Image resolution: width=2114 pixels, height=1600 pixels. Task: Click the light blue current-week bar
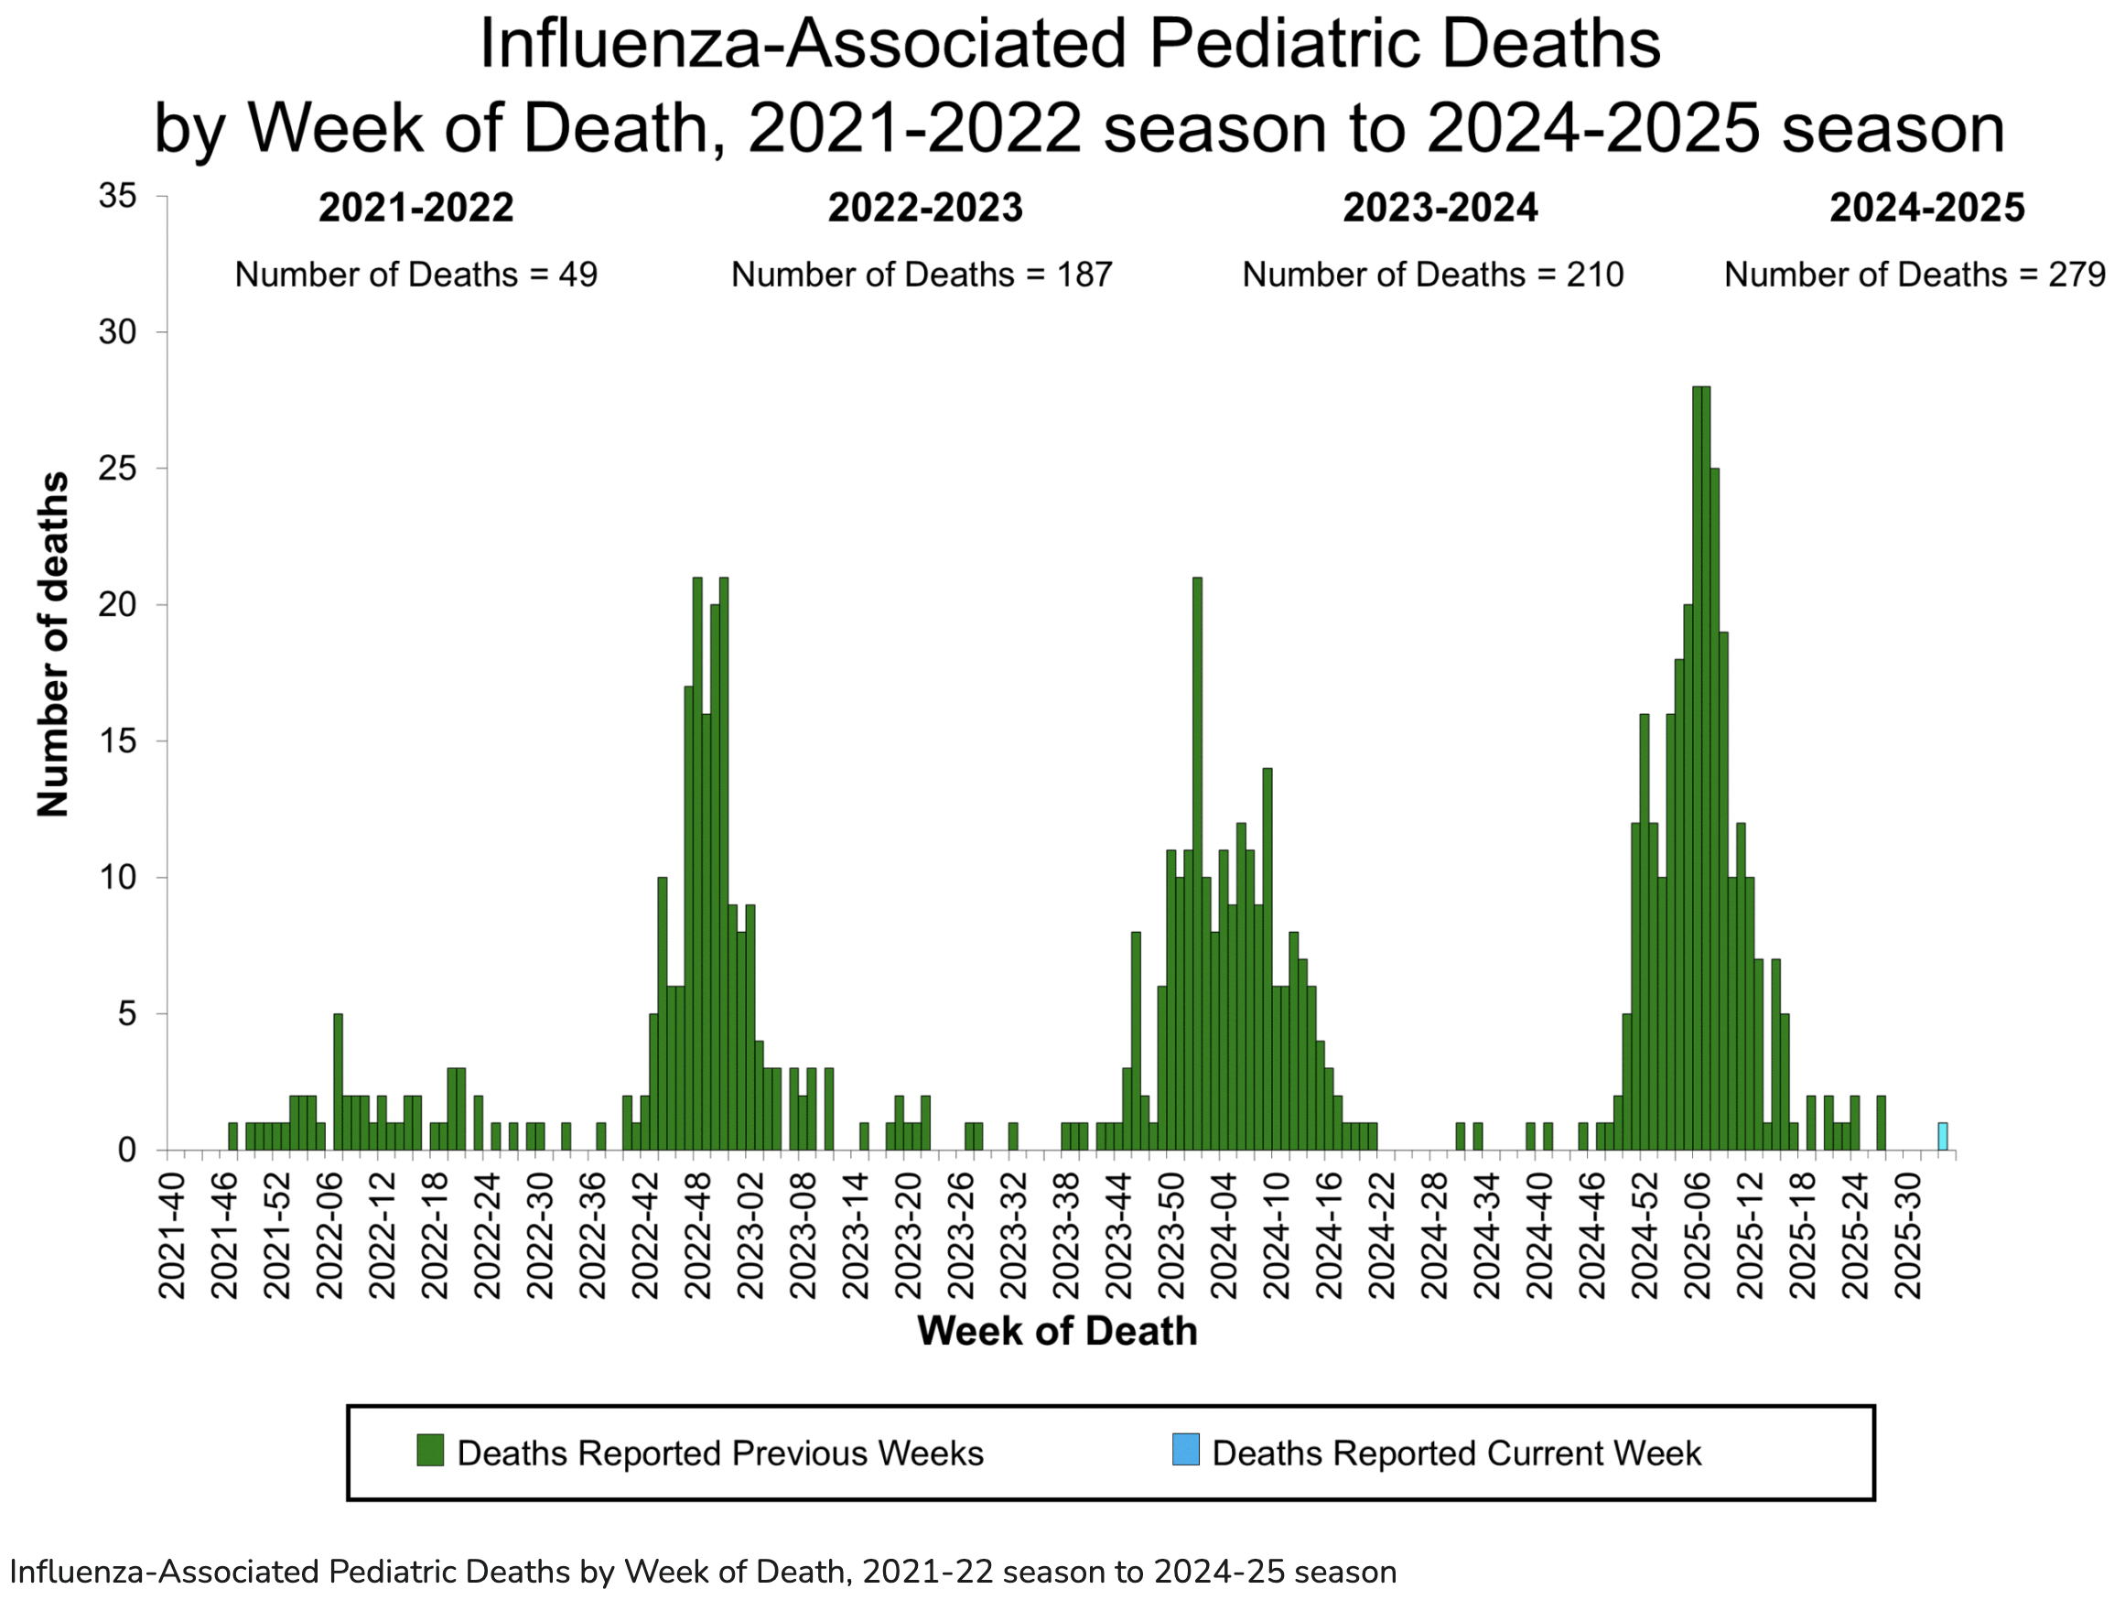(x=1942, y=1137)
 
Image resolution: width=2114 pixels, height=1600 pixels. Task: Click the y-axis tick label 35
(x=118, y=197)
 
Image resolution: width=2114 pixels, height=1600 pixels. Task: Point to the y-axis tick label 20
(x=118, y=605)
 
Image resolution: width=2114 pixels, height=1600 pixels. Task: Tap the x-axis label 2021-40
(x=172, y=1238)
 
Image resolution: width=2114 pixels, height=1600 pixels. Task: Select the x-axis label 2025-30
(x=1907, y=1238)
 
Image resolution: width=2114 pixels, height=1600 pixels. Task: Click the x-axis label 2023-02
(x=751, y=1238)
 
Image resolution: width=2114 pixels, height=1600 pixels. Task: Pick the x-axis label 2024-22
(x=1382, y=1238)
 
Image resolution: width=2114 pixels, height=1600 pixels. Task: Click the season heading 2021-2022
(x=415, y=208)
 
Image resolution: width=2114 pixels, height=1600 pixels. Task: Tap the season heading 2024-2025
(x=1926, y=208)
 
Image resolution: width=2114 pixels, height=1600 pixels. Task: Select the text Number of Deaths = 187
(x=922, y=276)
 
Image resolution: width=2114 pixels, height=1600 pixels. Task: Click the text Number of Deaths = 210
(x=1431, y=276)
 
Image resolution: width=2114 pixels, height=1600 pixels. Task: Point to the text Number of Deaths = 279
(x=1914, y=276)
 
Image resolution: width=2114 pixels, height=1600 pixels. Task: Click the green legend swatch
(x=430, y=1450)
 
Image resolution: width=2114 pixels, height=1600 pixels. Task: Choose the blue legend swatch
(x=1185, y=1450)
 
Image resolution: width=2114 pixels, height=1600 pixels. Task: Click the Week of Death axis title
(x=1057, y=1332)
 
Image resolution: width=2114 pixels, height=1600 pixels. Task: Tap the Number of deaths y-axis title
(x=53, y=644)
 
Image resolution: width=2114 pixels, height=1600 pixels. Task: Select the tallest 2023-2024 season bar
(x=1198, y=860)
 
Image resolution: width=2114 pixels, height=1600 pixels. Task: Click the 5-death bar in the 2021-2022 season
(x=339, y=1080)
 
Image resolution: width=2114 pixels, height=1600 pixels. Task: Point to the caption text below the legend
(x=703, y=1573)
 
